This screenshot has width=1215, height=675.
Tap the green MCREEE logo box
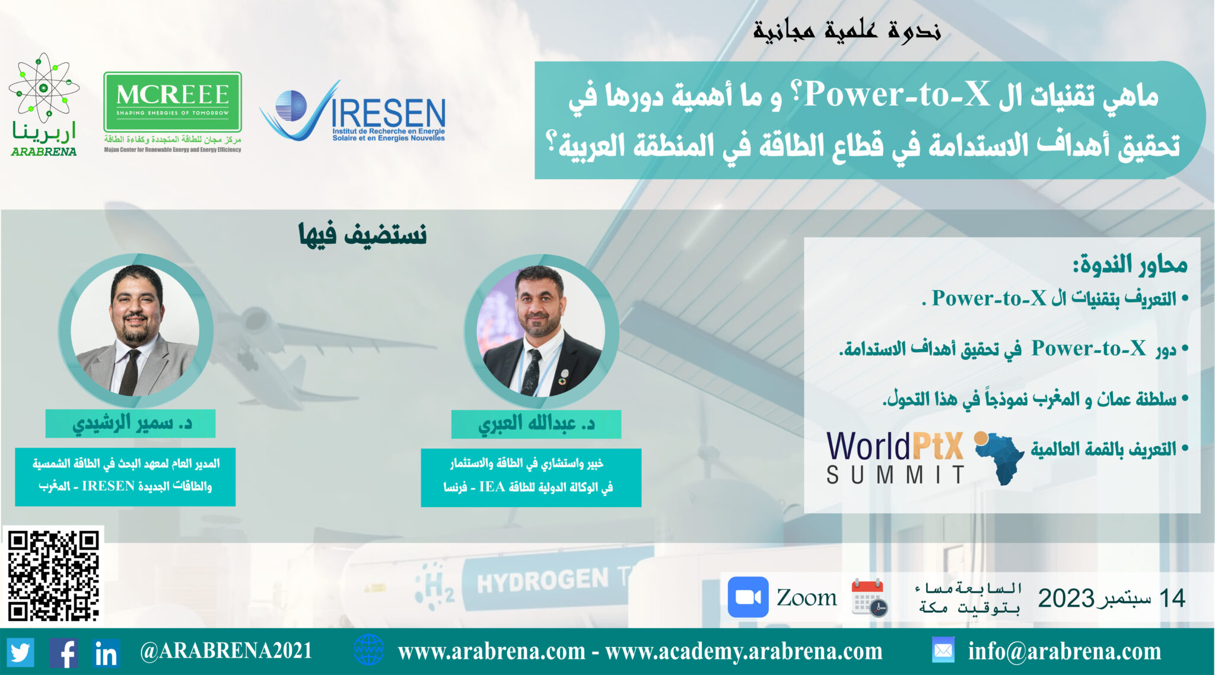[x=173, y=102]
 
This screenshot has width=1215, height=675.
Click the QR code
[x=53, y=575]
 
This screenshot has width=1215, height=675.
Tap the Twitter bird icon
[x=21, y=652]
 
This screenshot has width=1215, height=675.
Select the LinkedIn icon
[x=106, y=653]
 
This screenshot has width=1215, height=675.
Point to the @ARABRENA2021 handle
[x=226, y=651]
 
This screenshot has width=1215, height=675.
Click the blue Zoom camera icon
[x=748, y=597]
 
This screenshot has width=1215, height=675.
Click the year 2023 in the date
[x=1065, y=598]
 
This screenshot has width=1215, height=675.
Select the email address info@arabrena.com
[x=1064, y=651]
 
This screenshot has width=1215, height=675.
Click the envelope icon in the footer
[x=943, y=651]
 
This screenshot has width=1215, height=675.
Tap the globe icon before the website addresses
[x=368, y=650]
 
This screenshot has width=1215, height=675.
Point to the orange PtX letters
[x=938, y=446]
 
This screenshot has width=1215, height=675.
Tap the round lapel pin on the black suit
[x=565, y=375]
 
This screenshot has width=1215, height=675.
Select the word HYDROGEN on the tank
[x=543, y=580]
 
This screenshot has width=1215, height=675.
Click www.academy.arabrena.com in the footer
[x=744, y=651]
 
